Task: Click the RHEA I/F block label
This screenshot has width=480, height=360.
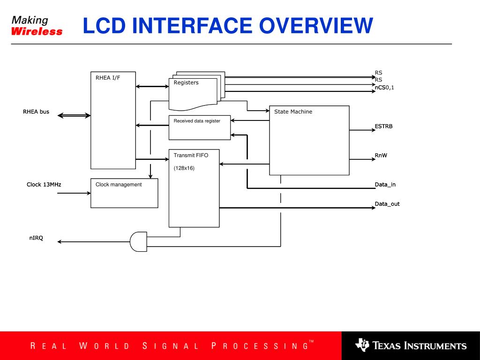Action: tap(108, 78)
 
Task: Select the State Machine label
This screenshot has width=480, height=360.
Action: tap(293, 112)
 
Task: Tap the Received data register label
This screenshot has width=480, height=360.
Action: tap(197, 121)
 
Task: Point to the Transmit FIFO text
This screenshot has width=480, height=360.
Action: tap(191, 155)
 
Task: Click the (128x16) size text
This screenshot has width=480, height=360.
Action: tap(184, 168)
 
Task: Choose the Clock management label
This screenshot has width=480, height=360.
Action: tap(119, 185)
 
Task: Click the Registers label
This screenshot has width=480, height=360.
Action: tap(186, 82)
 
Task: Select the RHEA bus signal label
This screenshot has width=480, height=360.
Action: tap(36, 112)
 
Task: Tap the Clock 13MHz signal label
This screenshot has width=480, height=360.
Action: tap(44, 185)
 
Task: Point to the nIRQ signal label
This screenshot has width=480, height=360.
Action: tap(36, 238)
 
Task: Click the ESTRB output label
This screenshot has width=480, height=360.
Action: tap(383, 127)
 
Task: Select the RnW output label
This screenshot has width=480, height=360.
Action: tap(381, 156)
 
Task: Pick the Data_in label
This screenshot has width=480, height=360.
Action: tap(385, 185)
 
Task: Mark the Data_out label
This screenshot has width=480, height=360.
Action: tap(387, 204)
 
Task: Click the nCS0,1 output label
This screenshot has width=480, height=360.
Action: tap(384, 87)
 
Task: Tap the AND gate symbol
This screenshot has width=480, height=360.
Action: tap(138, 241)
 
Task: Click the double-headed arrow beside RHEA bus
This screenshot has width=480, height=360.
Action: tap(74, 115)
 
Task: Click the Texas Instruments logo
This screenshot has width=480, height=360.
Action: tap(411, 346)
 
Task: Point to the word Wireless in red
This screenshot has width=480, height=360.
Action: tap(37, 32)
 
